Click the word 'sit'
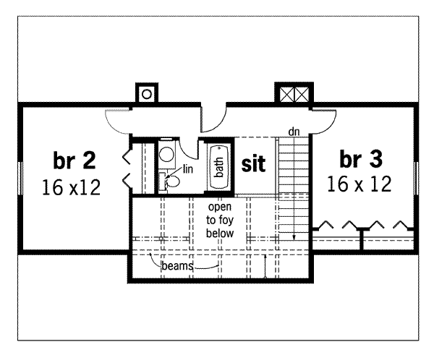point(253,164)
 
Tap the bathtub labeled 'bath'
point(218,168)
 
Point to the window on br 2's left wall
point(19,178)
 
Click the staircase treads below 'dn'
point(294,173)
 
